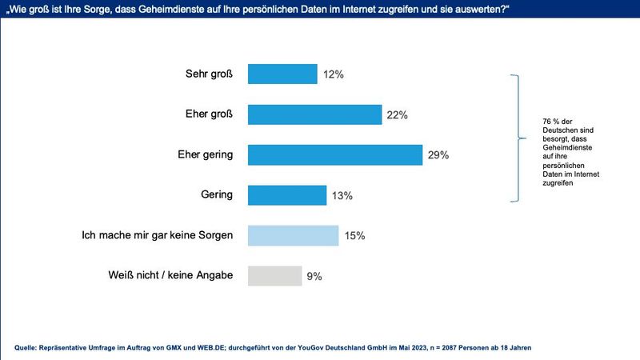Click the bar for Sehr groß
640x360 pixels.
(x=282, y=74)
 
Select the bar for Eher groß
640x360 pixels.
(x=314, y=114)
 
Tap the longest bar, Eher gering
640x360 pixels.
(x=335, y=154)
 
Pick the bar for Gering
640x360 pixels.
(x=287, y=195)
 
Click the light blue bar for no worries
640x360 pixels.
(x=294, y=235)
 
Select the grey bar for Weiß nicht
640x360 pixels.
(x=274, y=276)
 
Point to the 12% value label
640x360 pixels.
(x=334, y=74)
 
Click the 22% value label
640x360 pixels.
(x=398, y=115)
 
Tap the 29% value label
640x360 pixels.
(x=438, y=155)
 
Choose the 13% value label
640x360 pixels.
(x=342, y=195)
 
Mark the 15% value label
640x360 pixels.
(x=355, y=236)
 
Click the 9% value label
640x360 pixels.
(x=314, y=276)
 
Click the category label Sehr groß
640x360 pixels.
(x=209, y=74)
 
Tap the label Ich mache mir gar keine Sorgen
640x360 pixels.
(x=158, y=235)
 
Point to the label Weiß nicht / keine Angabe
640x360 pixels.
(x=170, y=275)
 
